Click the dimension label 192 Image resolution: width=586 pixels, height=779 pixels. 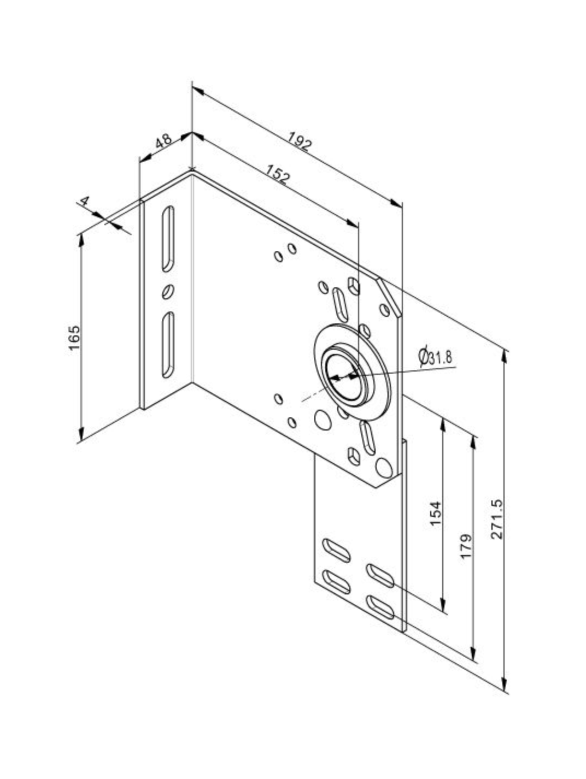[300, 141]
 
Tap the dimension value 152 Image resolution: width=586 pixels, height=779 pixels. [277, 174]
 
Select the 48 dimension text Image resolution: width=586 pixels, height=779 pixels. [164, 141]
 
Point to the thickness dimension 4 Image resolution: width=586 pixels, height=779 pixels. [84, 201]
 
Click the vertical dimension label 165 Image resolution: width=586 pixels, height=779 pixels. [74, 338]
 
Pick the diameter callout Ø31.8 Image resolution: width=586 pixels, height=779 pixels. [435, 357]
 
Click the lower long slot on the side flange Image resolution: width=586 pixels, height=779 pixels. [168, 345]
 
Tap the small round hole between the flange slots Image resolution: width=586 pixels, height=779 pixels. [168, 292]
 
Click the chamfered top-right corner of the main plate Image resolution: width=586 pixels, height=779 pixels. [390, 297]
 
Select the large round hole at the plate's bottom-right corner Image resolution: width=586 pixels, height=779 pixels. [384, 468]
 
